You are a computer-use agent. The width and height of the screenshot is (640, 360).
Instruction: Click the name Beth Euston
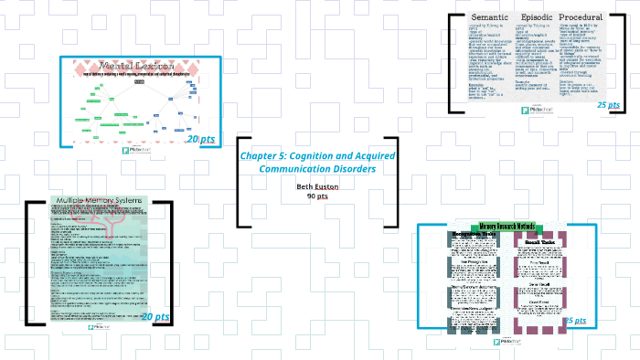coord(317,187)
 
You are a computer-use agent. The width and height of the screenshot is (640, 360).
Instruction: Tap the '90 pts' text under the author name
coord(317,196)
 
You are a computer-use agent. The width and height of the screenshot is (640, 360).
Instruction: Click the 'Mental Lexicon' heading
coord(136,68)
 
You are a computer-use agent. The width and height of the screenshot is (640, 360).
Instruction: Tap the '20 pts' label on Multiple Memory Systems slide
coord(155,316)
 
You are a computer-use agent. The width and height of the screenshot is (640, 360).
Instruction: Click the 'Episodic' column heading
coord(538,18)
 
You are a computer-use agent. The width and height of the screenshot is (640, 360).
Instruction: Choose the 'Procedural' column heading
coord(581,18)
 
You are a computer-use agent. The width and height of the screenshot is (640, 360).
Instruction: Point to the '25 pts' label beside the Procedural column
coord(608,105)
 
